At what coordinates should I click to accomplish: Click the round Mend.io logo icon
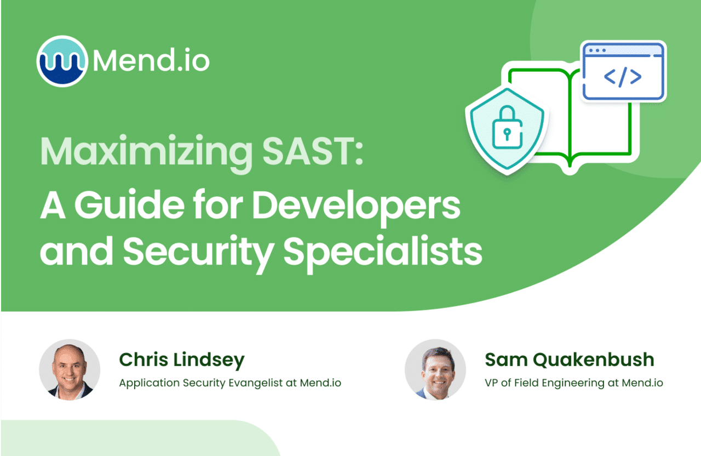[62, 60]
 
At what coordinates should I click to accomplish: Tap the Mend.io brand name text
[151, 60]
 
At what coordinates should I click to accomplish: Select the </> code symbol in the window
[623, 77]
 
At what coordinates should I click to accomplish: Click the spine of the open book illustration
[570, 121]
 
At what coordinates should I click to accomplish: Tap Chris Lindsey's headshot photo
[70, 369]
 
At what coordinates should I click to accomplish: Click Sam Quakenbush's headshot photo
[435, 369]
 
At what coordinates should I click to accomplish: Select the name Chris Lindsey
[182, 360]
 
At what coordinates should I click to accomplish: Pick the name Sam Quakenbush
[570, 360]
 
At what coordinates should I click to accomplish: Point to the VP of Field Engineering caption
[573, 383]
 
